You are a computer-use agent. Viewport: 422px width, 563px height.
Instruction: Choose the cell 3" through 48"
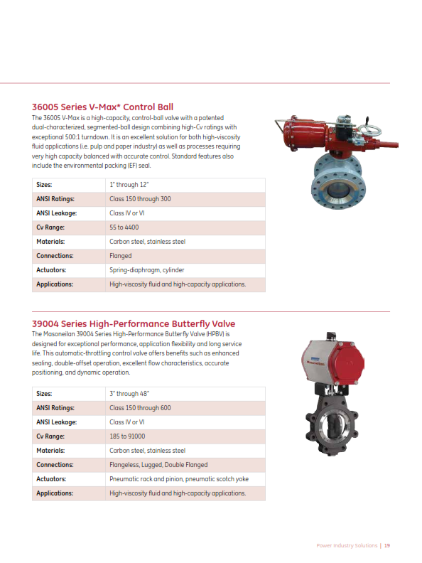click(129, 394)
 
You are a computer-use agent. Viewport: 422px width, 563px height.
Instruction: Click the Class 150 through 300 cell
click(140, 199)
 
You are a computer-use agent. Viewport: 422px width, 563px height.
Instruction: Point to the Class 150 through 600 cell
click(140, 408)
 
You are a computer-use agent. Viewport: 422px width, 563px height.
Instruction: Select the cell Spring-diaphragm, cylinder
click(147, 270)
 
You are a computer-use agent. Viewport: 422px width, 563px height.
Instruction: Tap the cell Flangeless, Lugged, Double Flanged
click(158, 465)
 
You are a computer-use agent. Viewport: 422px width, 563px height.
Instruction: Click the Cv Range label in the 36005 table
click(50, 227)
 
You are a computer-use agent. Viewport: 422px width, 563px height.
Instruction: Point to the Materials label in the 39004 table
click(50, 451)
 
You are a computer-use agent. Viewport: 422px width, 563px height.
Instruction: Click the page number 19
click(387, 546)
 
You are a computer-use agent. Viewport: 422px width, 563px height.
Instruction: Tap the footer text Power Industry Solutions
click(347, 546)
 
